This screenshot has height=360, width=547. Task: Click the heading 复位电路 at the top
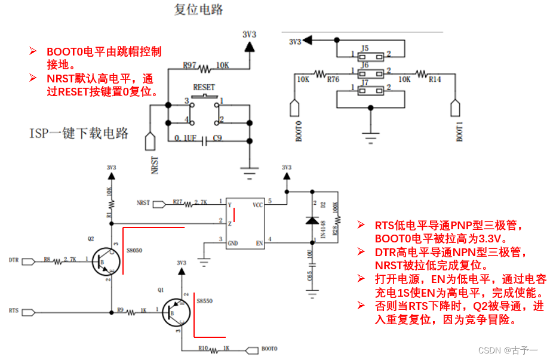pos(199,10)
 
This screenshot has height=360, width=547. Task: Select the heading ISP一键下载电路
pos(79,133)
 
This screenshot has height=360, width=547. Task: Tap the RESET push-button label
pos(204,87)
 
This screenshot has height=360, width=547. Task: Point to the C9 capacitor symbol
pos(205,141)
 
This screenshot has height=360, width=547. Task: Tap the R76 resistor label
pos(333,78)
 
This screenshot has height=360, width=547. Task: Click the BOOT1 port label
pos(460,131)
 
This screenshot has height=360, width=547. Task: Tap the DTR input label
pos(15,260)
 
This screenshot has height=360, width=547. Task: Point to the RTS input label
pos(14,311)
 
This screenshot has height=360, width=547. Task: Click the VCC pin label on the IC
pos(257,204)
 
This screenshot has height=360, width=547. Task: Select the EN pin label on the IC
pos(259,242)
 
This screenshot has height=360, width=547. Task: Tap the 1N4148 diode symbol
pos(311,220)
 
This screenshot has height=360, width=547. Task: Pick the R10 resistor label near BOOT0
pos(204,347)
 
